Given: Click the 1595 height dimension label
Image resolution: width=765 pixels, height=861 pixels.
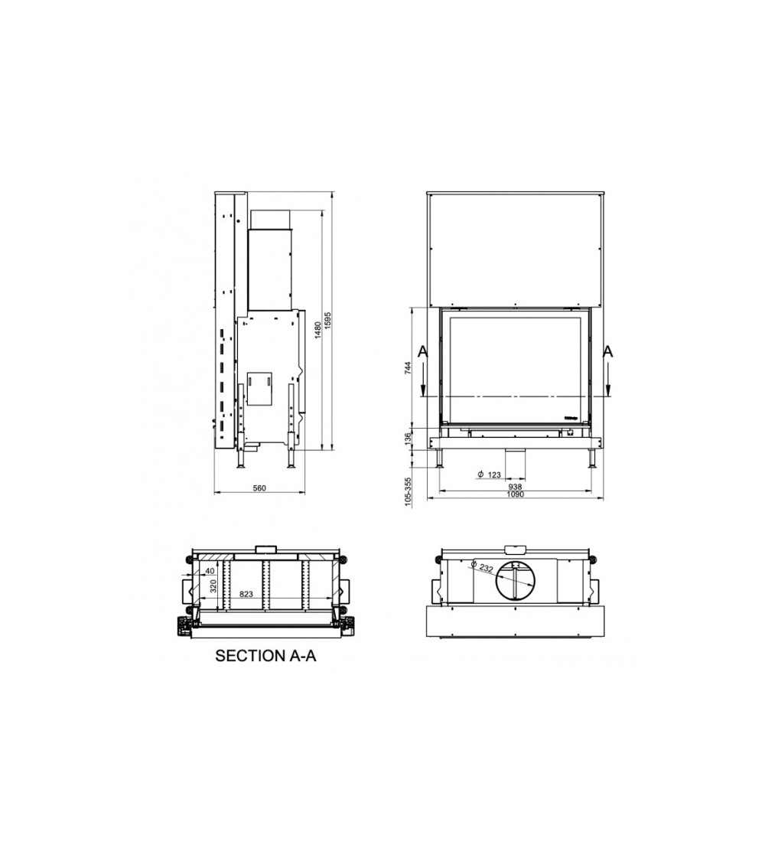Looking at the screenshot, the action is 328,321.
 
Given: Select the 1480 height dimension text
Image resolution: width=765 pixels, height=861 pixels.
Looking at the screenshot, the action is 317,331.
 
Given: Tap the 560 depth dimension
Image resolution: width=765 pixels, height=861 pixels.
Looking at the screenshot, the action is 259,488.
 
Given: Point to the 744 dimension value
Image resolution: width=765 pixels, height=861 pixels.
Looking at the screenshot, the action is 408,369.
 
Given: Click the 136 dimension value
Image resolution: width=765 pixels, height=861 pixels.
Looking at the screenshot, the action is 408,439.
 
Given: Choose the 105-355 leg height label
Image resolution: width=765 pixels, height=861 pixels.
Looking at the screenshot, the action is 408,491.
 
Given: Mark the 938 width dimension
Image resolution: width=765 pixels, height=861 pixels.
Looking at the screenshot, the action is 516,487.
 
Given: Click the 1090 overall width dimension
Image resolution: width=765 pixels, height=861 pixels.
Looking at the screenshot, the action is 516,494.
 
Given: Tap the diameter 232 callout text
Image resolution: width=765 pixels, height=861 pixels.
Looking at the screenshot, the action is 482,567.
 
